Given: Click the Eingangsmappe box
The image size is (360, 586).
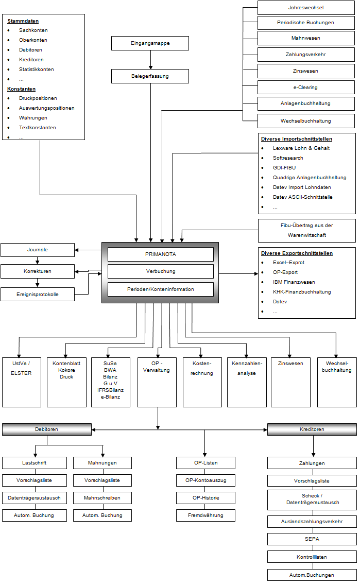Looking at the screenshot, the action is [150, 43].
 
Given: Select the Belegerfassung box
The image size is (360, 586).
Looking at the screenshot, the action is [150, 76].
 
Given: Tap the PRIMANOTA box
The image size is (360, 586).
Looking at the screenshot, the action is [160, 254].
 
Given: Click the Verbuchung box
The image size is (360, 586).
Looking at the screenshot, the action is [160, 271].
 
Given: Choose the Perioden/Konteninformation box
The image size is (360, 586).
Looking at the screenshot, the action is [160, 289].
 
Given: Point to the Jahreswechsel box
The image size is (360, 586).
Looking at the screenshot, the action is [306, 8].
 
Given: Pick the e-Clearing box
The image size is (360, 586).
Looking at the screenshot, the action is [306, 88].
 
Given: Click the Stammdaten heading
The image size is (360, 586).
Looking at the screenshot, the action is [23, 21].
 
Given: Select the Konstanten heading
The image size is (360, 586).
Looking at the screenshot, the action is [21, 89].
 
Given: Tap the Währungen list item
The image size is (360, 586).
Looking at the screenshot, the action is [33, 118].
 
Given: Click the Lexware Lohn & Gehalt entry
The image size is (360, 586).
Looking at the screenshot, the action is [301, 148].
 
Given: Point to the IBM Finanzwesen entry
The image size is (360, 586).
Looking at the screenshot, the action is [294, 282].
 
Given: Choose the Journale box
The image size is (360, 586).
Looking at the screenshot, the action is [38, 250].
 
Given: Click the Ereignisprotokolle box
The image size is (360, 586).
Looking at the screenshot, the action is [38, 294].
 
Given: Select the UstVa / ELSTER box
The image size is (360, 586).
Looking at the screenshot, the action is [21, 382].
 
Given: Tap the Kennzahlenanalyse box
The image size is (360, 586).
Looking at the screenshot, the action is [247, 382].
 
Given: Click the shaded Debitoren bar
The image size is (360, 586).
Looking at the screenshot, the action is [47, 429].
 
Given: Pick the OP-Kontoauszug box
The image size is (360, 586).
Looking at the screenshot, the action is [205, 480].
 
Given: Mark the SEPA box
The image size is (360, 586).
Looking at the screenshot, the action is [312, 539].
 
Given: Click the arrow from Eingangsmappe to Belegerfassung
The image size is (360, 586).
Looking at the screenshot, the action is [151, 60].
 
